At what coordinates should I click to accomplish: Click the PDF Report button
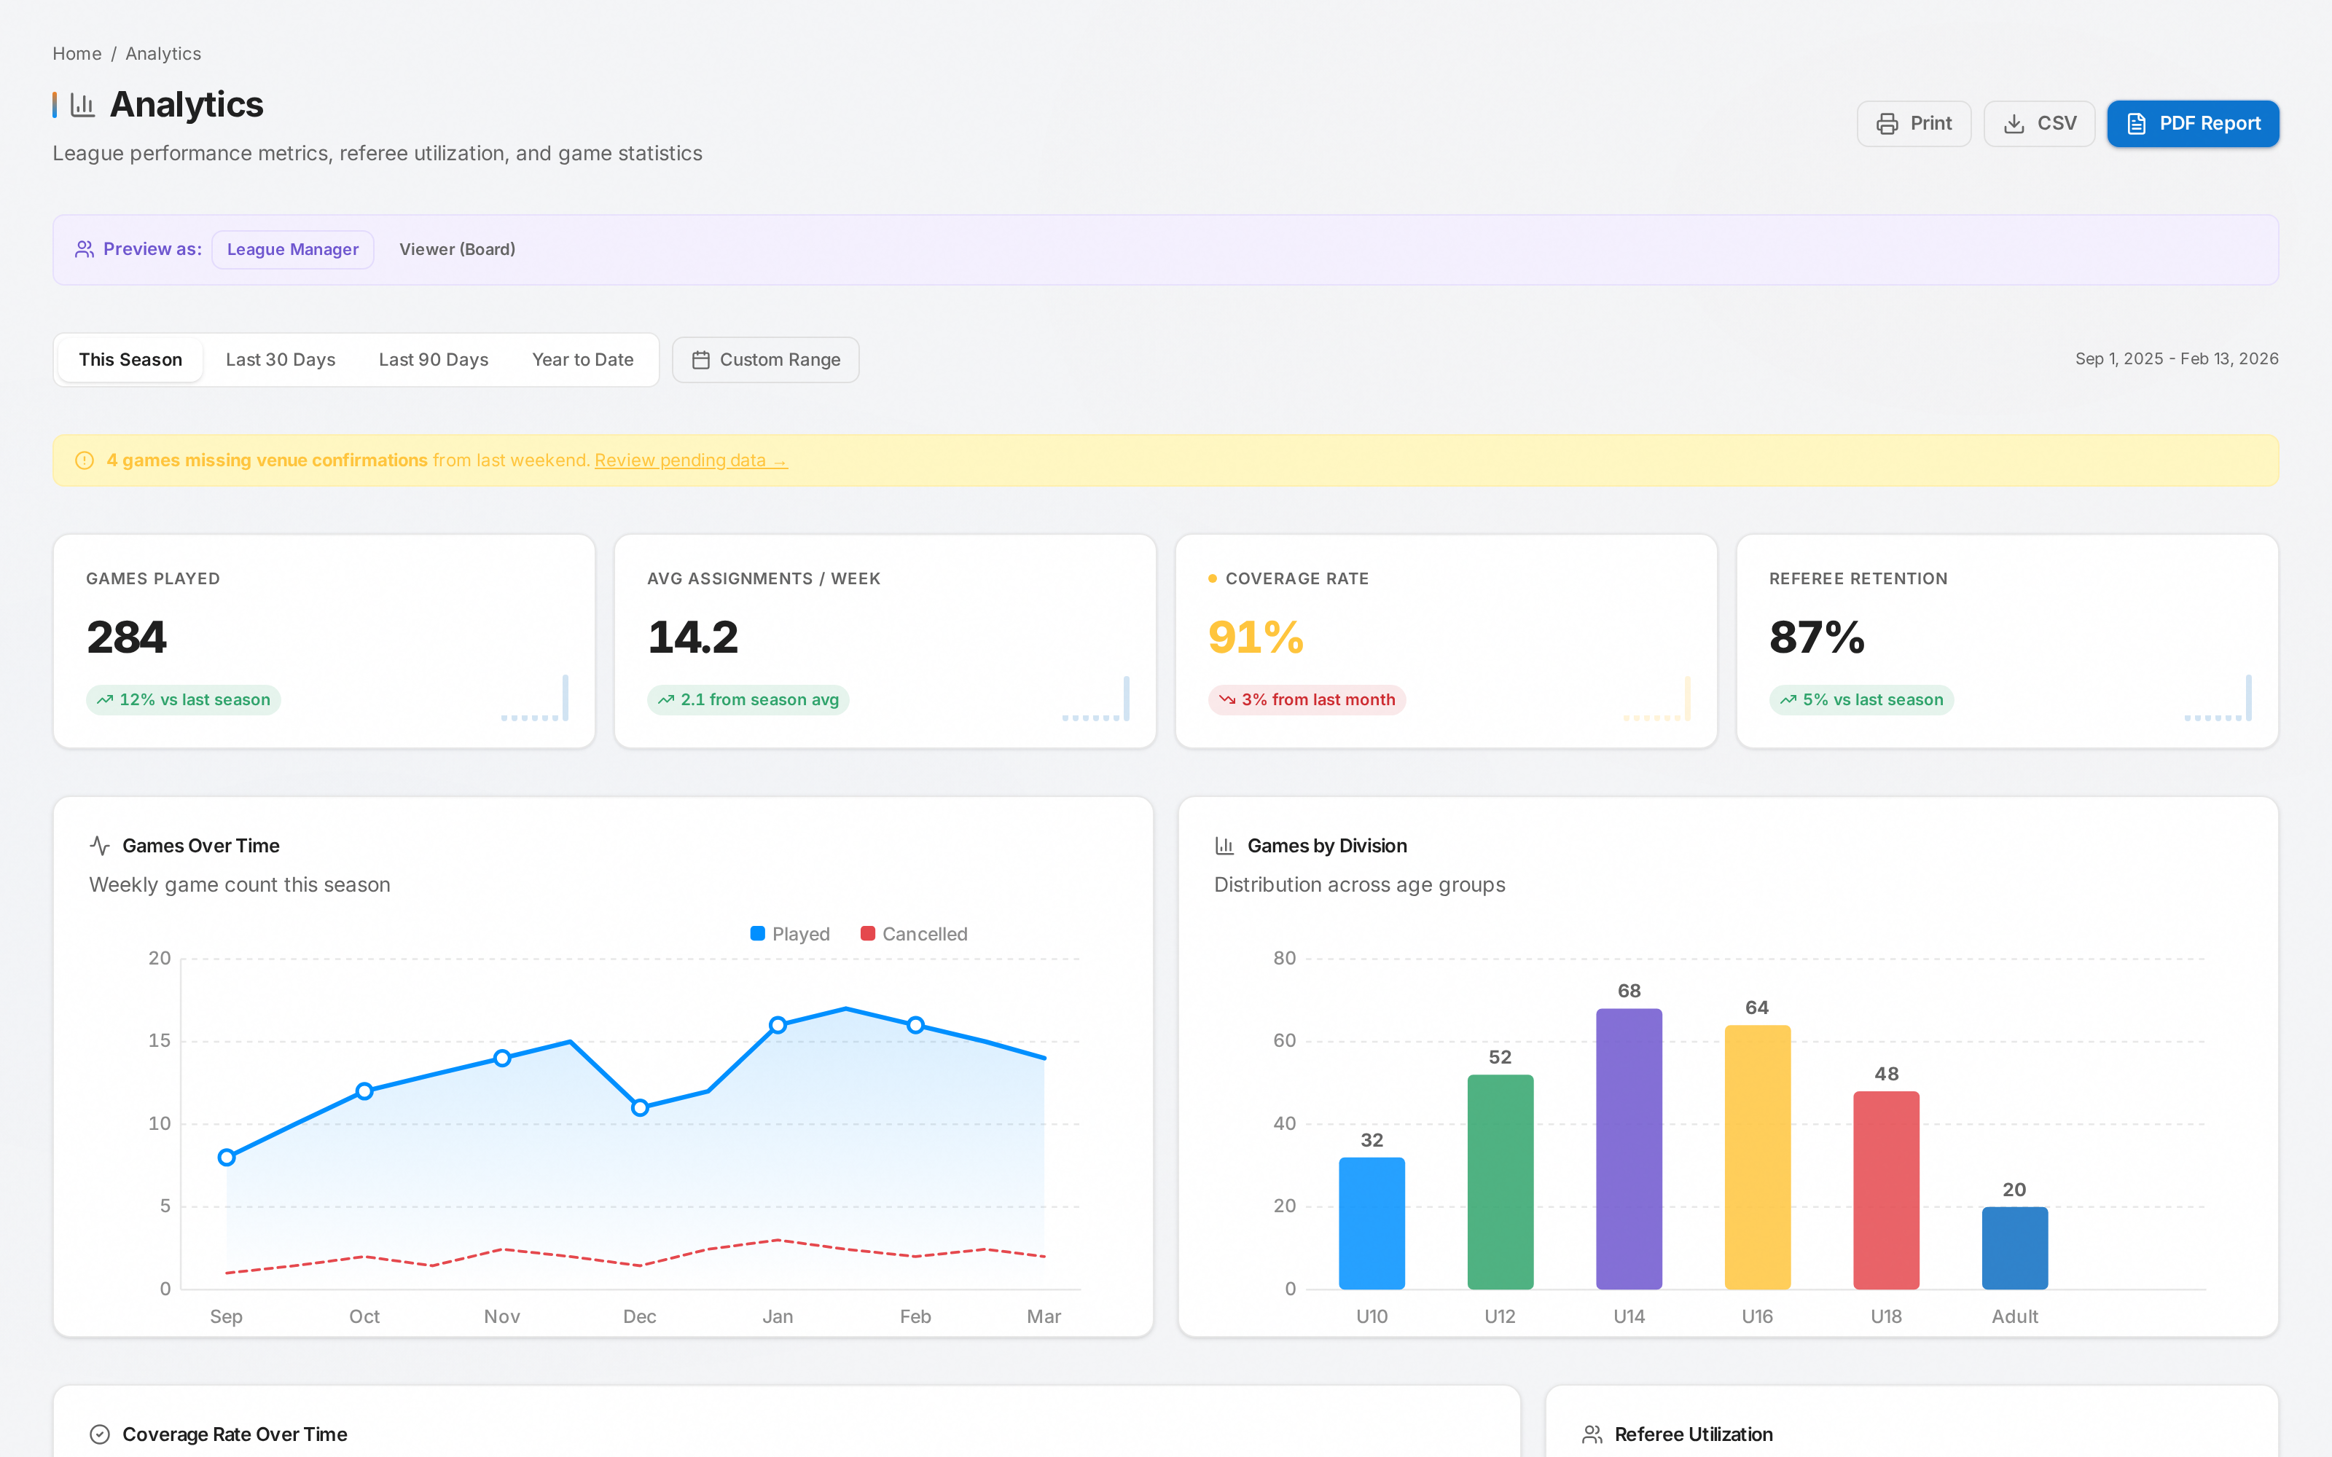point(2192,123)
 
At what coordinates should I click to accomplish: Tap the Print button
point(1913,123)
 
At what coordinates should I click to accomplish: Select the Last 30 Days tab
point(281,359)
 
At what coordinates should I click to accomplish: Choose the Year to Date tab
point(583,359)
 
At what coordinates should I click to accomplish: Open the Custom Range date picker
point(765,359)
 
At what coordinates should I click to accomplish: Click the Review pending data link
point(691,460)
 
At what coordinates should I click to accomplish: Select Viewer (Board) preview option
point(457,250)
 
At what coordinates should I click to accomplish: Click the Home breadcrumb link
point(77,54)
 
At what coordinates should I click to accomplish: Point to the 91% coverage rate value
point(1256,637)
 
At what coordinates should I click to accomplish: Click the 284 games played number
point(126,637)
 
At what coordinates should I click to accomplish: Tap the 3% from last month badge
point(1307,699)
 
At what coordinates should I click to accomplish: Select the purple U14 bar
point(1629,1149)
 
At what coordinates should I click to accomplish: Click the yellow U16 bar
point(1758,1158)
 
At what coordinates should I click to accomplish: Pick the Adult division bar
point(2015,1248)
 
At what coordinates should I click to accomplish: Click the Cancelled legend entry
point(914,934)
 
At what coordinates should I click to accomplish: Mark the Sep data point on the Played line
point(227,1158)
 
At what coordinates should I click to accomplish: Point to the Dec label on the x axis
point(640,1316)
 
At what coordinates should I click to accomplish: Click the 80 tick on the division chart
point(1285,958)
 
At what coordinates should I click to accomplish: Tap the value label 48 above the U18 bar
point(1887,1074)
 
